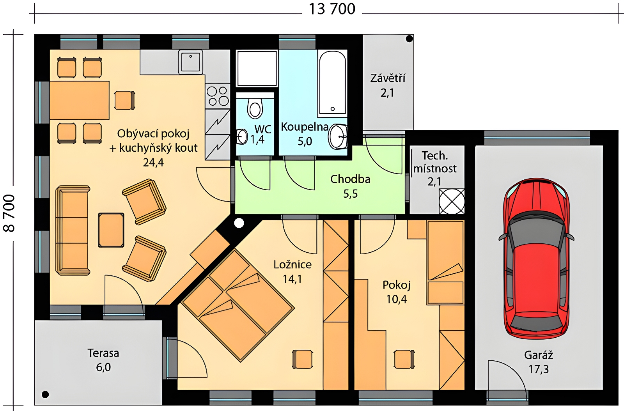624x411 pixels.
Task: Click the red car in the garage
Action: tap(536, 259)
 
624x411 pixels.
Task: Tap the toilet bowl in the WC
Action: tap(255, 108)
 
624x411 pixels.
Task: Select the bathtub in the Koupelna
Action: tap(332, 83)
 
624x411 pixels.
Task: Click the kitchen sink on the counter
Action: tap(191, 62)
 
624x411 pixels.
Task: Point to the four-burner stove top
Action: tap(218, 96)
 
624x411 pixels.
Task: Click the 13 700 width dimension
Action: tap(332, 9)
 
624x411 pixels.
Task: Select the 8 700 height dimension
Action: tap(9, 213)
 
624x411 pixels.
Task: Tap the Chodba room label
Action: tap(350, 179)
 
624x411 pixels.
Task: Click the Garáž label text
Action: tap(539, 355)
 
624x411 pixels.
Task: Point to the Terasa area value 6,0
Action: tap(103, 368)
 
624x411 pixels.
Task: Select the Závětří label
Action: tap(388, 78)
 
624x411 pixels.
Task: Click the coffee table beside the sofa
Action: tap(111, 230)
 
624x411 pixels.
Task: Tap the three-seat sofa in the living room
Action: tap(73, 230)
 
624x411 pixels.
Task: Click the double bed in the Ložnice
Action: tap(238, 305)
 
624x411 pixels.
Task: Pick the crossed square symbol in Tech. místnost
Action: tap(452, 201)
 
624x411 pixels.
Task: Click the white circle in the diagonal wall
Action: tap(239, 223)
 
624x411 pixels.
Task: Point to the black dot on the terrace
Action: tap(45, 394)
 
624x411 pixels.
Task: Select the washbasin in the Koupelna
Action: tap(338, 136)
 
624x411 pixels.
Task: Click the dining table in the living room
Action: tap(80, 100)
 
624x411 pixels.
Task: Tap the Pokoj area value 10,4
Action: tap(396, 299)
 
